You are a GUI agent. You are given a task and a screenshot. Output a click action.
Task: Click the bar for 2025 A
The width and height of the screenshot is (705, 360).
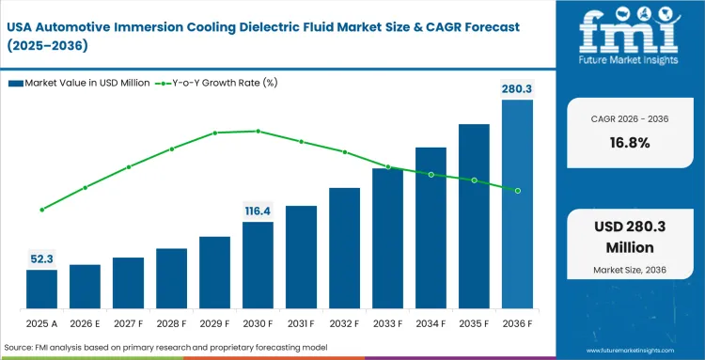click(41, 290)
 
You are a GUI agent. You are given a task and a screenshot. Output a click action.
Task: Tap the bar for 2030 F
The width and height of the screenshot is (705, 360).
click(258, 266)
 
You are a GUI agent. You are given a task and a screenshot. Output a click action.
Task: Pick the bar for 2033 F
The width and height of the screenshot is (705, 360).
click(387, 239)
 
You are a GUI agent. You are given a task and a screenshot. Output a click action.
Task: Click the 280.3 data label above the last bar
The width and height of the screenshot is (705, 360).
click(517, 89)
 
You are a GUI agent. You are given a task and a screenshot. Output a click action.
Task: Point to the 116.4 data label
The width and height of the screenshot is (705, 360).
click(258, 211)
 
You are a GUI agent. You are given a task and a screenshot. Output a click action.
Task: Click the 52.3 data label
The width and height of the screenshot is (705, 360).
click(41, 258)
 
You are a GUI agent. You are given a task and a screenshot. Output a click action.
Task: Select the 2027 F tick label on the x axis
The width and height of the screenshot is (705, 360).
click(128, 324)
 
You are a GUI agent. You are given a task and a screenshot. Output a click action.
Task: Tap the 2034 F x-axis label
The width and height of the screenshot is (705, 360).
click(431, 324)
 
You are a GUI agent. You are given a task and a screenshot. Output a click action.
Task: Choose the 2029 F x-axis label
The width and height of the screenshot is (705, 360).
click(214, 324)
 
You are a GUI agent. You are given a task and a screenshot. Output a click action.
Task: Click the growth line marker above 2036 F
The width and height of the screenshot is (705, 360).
click(517, 191)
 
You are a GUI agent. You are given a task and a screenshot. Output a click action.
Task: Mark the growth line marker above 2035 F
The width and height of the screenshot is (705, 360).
click(474, 180)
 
